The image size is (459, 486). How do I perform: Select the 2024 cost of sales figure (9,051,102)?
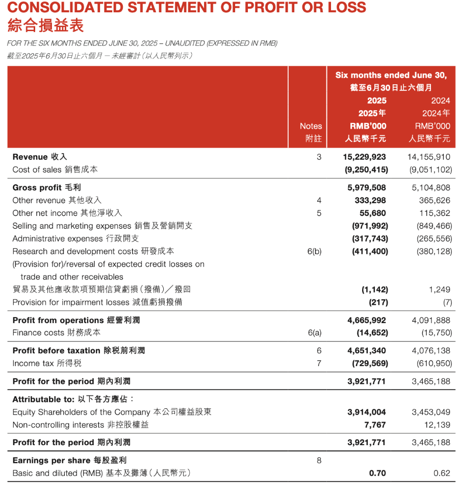tap(430, 170)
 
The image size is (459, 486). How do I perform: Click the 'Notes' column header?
tap(311, 126)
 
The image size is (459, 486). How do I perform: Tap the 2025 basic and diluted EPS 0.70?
tap(377, 473)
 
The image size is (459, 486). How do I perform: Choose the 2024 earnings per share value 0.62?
tap(442, 473)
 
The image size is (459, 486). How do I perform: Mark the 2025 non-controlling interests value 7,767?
tap(375, 425)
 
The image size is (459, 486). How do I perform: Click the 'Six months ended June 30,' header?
tap(391, 75)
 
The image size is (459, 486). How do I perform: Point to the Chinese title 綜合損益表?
tap(45, 25)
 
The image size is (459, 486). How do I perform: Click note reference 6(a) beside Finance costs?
tap(314, 333)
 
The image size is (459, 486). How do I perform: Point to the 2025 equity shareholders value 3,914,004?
tap(366, 412)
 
